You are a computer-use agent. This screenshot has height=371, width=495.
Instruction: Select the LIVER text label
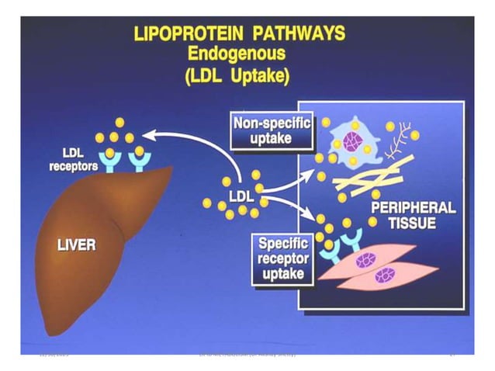click(75, 245)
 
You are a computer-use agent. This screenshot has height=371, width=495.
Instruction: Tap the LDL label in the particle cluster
click(236, 191)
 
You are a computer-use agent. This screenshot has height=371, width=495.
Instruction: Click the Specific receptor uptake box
click(282, 257)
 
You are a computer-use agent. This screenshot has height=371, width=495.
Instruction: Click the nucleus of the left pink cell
click(365, 260)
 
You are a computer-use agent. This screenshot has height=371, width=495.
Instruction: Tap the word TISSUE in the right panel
click(412, 225)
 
